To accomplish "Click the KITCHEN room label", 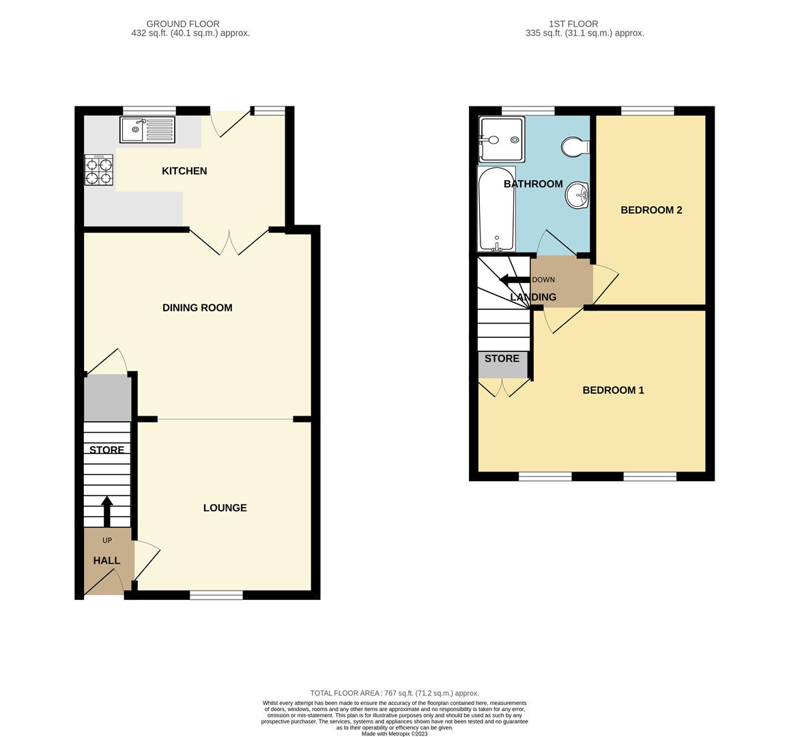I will (x=184, y=171).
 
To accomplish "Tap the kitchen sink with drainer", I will (x=147, y=130).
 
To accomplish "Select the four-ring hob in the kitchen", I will (x=99, y=171).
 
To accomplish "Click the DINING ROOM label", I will (x=197, y=308).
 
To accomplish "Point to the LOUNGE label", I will (x=225, y=508).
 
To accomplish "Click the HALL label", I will (x=106, y=561).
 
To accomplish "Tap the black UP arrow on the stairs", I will (x=107, y=510).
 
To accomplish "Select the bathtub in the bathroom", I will (x=496, y=209).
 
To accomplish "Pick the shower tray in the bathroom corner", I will (x=502, y=139).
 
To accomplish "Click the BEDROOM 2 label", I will (x=651, y=210).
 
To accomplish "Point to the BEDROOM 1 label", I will (x=613, y=390).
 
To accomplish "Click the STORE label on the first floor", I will (x=502, y=359).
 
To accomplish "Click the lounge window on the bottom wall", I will (x=216, y=595).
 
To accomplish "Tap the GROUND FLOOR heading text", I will (x=183, y=24).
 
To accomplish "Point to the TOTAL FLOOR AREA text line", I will (x=394, y=693).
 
